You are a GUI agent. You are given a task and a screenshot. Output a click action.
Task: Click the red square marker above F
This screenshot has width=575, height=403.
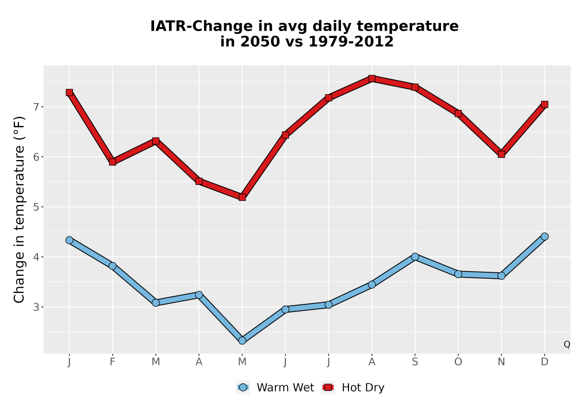click(x=113, y=162)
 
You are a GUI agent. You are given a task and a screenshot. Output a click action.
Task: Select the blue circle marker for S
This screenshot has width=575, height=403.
click(x=415, y=257)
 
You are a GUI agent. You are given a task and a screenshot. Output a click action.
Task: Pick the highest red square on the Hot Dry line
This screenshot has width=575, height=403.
click(x=371, y=78)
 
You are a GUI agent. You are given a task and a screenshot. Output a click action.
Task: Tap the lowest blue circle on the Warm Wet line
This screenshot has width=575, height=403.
click(x=242, y=341)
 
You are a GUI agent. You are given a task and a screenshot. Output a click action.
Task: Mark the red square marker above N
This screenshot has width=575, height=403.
click(x=501, y=154)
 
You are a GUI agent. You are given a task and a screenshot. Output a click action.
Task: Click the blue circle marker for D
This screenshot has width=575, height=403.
click(x=545, y=237)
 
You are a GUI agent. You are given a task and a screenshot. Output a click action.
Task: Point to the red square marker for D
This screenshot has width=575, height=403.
click(x=545, y=105)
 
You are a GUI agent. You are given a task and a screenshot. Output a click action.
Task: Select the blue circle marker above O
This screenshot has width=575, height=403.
click(x=458, y=274)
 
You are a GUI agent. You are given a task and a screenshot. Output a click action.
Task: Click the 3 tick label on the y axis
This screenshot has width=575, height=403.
click(x=36, y=307)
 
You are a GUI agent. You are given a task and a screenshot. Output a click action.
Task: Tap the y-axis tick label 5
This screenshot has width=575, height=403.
click(x=36, y=207)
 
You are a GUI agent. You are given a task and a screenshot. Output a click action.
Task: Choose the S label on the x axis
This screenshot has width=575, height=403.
click(x=415, y=362)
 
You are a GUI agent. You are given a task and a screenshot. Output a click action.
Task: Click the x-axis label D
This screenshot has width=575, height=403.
click(x=545, y=362)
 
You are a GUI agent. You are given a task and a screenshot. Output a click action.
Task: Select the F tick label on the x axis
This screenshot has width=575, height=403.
click(x=113, y=362)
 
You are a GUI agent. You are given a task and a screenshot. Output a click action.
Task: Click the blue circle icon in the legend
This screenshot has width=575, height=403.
click(x=243, y=387)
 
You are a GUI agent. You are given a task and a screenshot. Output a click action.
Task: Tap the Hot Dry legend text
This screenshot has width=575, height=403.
click(x=363, y=387)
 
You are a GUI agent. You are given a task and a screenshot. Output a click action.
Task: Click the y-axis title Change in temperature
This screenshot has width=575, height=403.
click(x=19, y=210)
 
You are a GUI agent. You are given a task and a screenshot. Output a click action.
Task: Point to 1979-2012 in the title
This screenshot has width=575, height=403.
click(x=351, y=41)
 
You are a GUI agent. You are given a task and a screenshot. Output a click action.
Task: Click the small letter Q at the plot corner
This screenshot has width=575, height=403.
click(x=567, y=344)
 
